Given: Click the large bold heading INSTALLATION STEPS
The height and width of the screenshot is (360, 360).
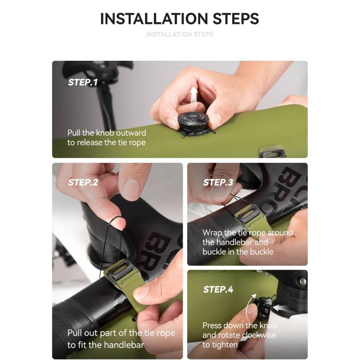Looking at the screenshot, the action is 180,18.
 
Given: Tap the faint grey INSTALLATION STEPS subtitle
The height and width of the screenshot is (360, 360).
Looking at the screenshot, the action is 180,34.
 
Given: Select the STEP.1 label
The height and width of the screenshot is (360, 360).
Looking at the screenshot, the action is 83,82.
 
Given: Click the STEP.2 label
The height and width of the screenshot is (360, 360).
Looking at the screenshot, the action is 83,182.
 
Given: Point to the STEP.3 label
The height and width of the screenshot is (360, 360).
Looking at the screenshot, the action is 218,182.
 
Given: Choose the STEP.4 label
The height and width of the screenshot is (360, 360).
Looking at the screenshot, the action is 218,289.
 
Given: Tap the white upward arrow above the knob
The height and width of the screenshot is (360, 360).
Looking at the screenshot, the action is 193,95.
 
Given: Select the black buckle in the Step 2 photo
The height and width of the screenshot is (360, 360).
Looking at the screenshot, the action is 121,269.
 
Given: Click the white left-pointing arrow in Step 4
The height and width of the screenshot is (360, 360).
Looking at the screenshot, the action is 279,308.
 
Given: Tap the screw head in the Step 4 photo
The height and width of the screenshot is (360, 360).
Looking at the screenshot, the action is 302,281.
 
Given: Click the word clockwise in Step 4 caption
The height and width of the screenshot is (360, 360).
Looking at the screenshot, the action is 259,335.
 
